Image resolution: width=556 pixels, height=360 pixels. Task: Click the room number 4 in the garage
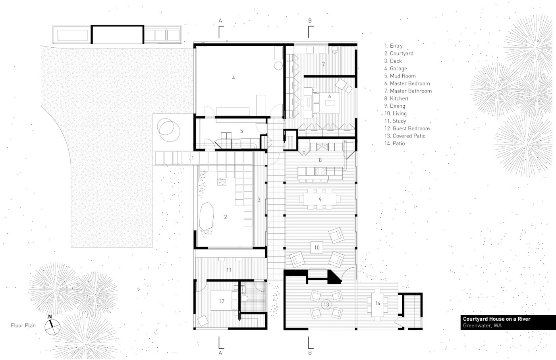pyautogui.click(x=234, y=78)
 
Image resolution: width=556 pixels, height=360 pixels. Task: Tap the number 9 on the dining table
pyautogui.click(x=320, y=199)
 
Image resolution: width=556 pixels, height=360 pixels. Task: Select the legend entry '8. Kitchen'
pyautogui.click(x=396, y=98)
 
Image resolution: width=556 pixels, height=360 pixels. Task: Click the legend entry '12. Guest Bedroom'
pyautogui.click(x=407, y=128)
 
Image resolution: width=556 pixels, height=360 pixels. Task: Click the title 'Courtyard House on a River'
pyautogui.click(x=497, y=319)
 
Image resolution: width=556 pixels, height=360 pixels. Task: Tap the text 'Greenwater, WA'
pyautogui.click(x=482, y=325)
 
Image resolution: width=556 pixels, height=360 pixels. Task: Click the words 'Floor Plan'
pyautogui.click(x=23, y=325)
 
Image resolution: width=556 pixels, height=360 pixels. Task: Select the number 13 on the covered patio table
pyautogui.click(x=326, y=304)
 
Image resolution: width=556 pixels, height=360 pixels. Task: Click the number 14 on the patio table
pyautogui.click(x=378, y=303)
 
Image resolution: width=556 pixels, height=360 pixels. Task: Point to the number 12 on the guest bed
pyautogui.click(x=222, y=301)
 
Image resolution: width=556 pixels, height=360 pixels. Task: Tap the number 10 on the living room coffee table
pyautogui.click(x=317, y=247)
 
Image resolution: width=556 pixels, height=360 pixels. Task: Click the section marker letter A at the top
pyautogui.click(x=220, y=21)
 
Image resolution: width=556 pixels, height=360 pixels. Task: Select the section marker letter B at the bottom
pyautogui.click(x=310, y=353)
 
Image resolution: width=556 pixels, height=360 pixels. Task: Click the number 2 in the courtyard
pyautogui.click(x=226, y=217)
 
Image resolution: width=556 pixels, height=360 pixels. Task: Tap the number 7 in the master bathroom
pyautogui.click(x=323, y=64)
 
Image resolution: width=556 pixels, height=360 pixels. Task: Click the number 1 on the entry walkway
pyautogui.click(x=193, y=158)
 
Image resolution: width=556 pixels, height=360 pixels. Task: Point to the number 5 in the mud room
pyautogui.click(x=241, y=131)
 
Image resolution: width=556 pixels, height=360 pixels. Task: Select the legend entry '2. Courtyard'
pyautogui.click(x=399, y=53)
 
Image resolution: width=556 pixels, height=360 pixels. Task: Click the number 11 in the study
pyautogui.click(x=229, y=270)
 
